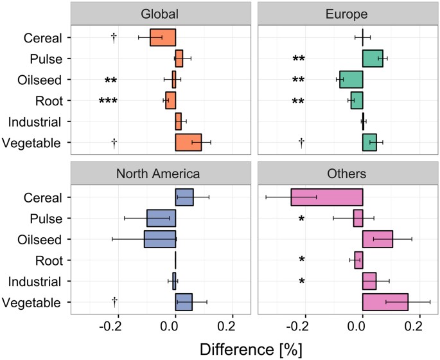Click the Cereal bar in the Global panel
tap(163, 37)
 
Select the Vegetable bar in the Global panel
tap(188, 142)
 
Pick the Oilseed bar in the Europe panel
tap(351, 79)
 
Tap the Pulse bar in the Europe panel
tap(373, 59)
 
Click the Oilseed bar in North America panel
tap(160, 239)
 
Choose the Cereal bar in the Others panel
tap(327, 197)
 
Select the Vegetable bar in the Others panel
tap(385, 302)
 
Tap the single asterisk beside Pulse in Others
tap(301, 219)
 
